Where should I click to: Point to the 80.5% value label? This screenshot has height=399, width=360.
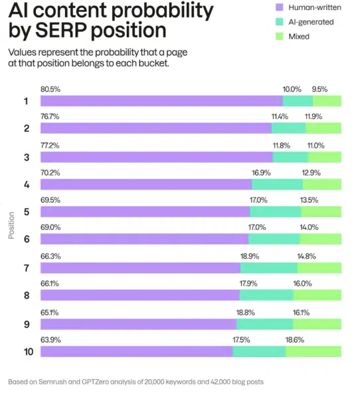tap(50, 89)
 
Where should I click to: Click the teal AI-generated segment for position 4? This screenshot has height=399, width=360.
tap(277, 184)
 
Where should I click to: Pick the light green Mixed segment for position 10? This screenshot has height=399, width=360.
tap(314, 351)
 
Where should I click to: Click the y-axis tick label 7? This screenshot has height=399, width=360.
tap(27, 268)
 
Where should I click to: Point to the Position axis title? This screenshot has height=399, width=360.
tap(12, 225)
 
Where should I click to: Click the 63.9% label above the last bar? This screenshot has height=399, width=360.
tap(50, 339)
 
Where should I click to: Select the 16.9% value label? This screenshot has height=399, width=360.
tap(261, 172)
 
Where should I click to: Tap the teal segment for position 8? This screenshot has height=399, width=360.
tap(266, 295)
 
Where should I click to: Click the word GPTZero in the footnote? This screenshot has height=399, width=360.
tap(98, 382)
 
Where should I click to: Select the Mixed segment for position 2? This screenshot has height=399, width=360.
tap(323, 128)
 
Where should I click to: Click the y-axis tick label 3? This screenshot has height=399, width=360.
tap(27, 157)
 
